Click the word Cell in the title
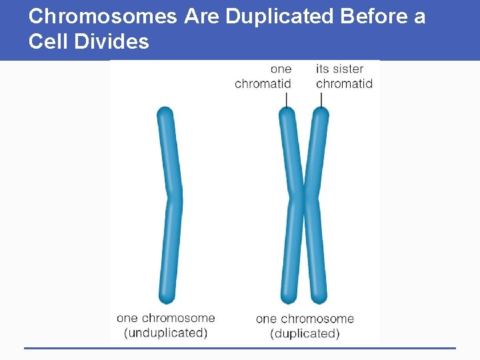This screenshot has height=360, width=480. (48, 43)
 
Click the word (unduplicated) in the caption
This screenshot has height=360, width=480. (165, 333)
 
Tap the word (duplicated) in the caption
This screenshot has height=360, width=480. (305, 333)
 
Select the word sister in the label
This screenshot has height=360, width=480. (347, 69)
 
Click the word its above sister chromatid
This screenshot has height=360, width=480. (322, 69)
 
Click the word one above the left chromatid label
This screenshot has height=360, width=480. (281, 69)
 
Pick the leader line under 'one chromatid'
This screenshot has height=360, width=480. (286, 100)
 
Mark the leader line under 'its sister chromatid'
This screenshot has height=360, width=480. (321, 100)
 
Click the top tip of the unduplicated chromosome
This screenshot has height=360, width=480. (165, 112)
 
